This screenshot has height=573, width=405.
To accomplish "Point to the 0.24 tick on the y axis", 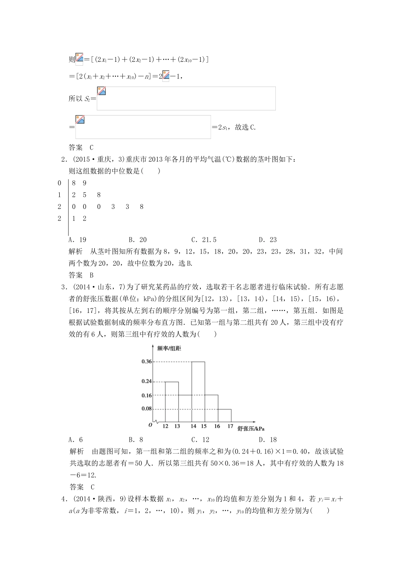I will point(147,381).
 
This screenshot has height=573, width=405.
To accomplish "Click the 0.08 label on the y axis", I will point(147,409).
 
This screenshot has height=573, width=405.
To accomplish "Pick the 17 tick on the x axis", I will point(230,426).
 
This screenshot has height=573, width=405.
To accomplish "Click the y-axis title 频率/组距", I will point(169,349).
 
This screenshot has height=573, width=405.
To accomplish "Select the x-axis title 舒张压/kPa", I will point(251,428).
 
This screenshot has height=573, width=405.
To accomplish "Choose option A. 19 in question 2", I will point(77,240).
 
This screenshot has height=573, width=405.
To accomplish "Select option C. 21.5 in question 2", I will point(204,240).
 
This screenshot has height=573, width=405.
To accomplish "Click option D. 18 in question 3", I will point(268,440).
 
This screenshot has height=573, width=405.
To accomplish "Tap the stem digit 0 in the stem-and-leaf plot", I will point(60,183).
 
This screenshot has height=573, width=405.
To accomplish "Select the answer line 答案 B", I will point(81,275).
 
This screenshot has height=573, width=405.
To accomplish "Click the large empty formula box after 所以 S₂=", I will point(186,98).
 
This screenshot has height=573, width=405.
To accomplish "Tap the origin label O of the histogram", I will point(150,425).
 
